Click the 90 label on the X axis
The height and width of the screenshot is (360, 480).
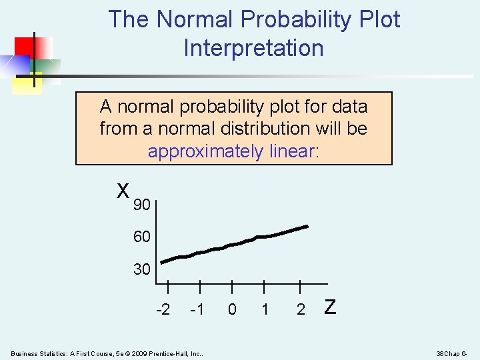pyautogui.click(x=141, y=205)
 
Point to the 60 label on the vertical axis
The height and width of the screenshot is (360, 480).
pyautogui.click(x=141, y=237)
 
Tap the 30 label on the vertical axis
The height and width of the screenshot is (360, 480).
pyautogui.click(x=141, y=269)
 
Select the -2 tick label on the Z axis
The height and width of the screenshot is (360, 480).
pyautogui.click(x=163, y=309)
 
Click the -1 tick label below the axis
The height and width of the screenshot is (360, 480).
pyautogui.click(x=197, y=309)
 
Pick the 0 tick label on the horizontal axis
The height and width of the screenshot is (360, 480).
pyautogui.click(x=231, y=309)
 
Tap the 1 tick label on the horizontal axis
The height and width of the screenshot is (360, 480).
pyautogui.click(x=265, y=309)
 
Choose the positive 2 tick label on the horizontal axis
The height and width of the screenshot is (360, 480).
pyautogui.click(x=301, y=309)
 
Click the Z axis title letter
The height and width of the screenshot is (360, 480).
pyautogui.click(x=329, y=307)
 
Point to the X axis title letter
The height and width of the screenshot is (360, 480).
pyautogui.click(x=123, y=191)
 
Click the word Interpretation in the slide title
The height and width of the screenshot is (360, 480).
pyautogui.click(x=253, y=48)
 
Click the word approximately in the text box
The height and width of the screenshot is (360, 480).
pyautogui.click(x=205, y=151)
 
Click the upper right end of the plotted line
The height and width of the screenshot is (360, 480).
pyautogui.click(x=307, y=227)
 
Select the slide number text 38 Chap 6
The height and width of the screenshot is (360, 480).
pyautogui.click(x=453, y=353)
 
